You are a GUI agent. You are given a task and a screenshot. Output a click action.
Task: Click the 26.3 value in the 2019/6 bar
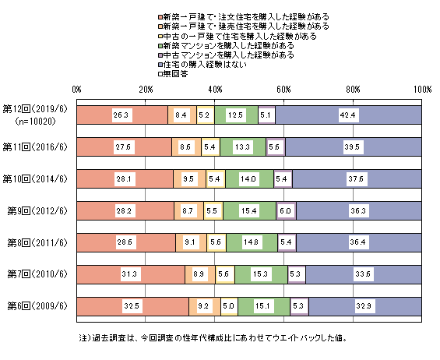click(x=121, y=115)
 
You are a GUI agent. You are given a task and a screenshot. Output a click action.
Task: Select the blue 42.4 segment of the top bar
click(x=348, y=115)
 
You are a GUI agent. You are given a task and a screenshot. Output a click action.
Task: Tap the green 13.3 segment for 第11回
click(x=243, y=146)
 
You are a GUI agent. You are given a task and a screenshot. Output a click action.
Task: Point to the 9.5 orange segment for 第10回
click(x=189, y=179)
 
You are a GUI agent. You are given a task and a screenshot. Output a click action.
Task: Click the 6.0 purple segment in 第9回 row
click(x=286, y=210)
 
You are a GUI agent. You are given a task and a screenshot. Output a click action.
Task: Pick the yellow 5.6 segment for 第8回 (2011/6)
click(x=216, y=242)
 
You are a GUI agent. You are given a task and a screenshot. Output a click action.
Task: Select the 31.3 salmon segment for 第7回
click(x=131, y=274)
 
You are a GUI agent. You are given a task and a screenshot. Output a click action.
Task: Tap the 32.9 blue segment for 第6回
click(x=364, y=306)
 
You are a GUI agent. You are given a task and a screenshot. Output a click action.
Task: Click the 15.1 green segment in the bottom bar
click(x=264, y=306)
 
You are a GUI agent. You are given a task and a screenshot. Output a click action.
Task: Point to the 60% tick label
click(x=283, y=90)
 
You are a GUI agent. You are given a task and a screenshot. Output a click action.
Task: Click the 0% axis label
click(x=76, y=90)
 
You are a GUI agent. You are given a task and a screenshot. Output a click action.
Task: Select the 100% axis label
click(x=422, y=90)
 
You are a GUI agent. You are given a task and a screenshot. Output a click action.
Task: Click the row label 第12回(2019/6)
click(x=35, y=109)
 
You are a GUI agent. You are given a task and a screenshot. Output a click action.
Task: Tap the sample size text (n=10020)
click(x=35, y=122)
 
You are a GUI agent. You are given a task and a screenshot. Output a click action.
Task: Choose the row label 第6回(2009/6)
click(x=37, y=305)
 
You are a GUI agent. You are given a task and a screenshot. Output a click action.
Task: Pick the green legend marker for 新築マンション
click(x=160, y=46)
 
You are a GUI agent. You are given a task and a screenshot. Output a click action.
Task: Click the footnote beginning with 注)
click(x=213, y=338)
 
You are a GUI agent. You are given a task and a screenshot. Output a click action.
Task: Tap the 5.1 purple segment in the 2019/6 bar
click(x=266, y=115)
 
